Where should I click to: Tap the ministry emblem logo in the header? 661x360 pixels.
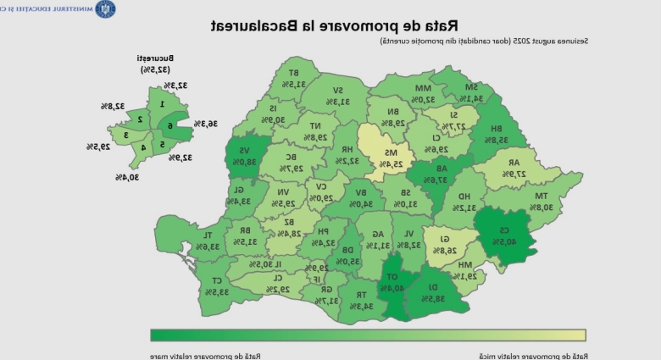click(107, 8)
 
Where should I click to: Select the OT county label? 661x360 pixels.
click(393, 277)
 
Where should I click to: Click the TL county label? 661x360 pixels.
click(207, 235)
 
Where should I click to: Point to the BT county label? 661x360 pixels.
click(293, 73)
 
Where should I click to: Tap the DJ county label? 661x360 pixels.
click(435, 287)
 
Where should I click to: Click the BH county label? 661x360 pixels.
click(502, 129)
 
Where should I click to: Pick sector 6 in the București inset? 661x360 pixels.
click(169, 126)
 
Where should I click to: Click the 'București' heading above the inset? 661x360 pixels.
click(155, 59)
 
